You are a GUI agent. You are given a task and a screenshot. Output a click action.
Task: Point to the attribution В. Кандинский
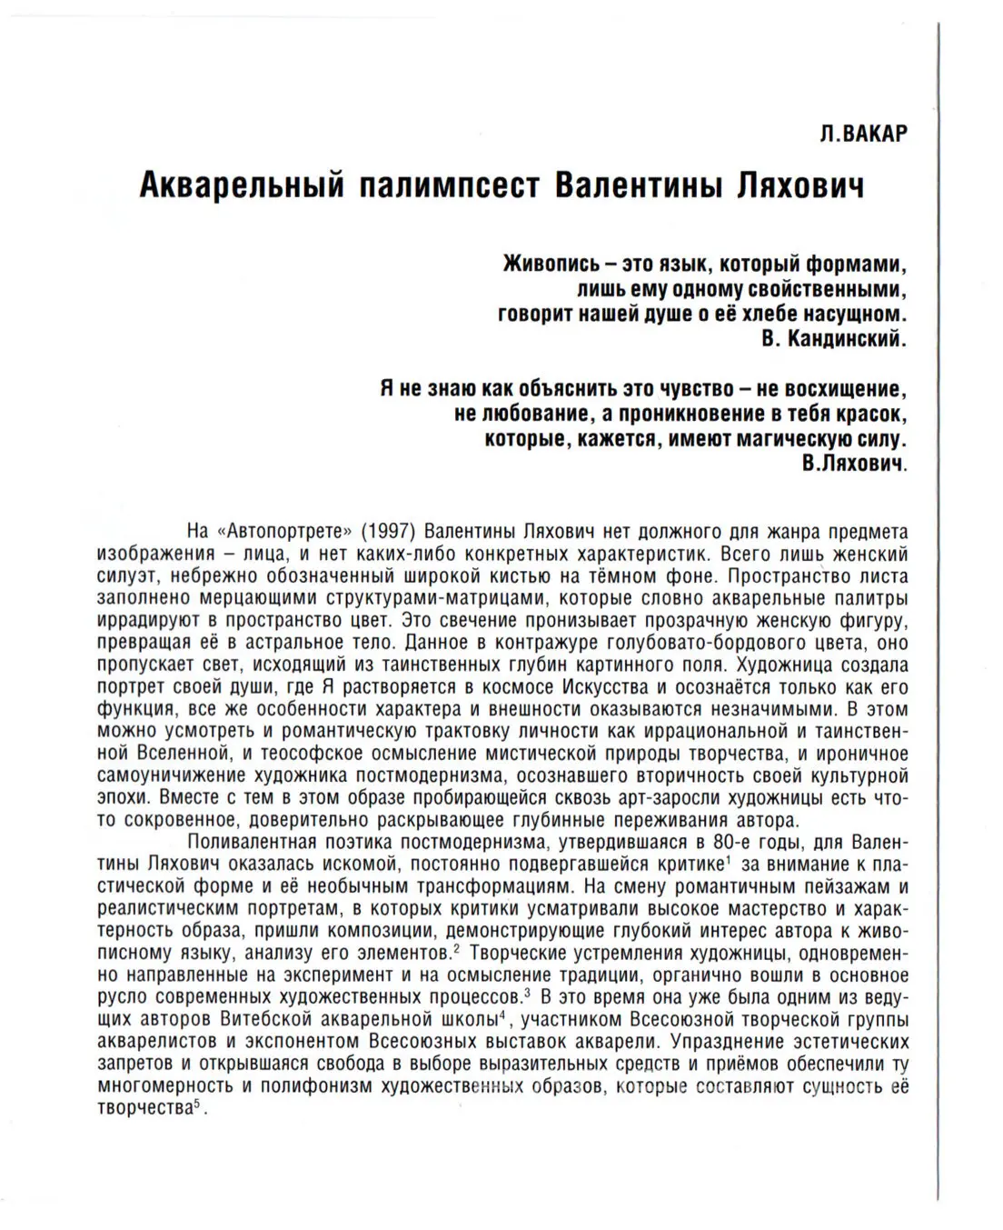[831, 339]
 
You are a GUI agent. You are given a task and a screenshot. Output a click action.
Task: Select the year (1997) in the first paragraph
[390, 531]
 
